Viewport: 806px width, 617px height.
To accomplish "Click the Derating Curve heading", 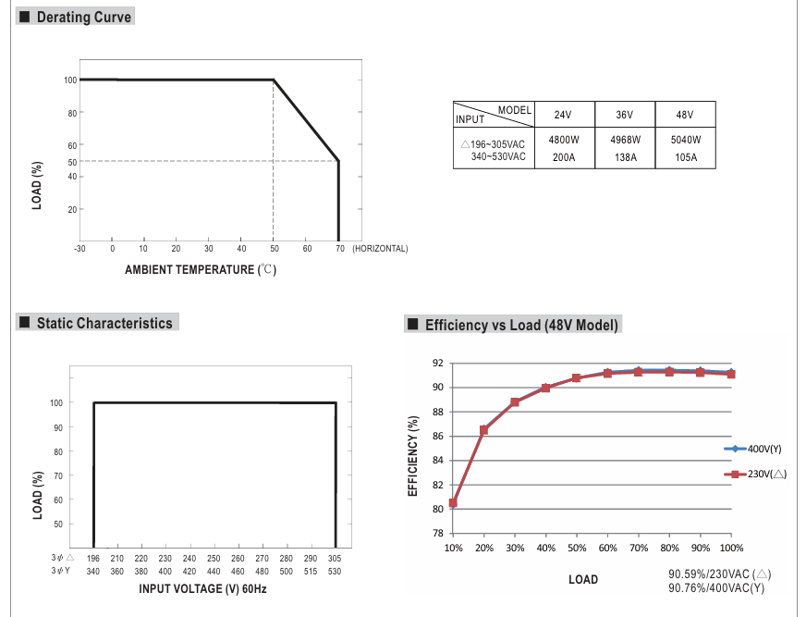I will pos(83,17).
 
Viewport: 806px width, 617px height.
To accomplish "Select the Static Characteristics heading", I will pos(104,323).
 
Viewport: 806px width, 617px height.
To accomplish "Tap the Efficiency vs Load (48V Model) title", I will pos(521,325).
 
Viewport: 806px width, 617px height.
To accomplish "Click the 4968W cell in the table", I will pos(625,140).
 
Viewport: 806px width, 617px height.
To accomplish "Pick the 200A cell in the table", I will pos(564,157).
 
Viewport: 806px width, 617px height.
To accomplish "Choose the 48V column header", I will pos(684,115).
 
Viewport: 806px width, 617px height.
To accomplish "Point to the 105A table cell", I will pos(684,157).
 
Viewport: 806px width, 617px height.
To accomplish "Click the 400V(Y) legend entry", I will pos(763,449).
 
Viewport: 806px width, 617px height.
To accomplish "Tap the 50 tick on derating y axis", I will pos(72,162).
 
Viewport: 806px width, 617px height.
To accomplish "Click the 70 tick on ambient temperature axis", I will pos(339,248).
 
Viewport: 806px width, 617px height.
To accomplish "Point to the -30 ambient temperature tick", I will pos(79,248).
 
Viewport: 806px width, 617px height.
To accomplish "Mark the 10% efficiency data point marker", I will pos(453,503).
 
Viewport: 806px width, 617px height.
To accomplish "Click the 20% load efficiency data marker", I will pos(483,430).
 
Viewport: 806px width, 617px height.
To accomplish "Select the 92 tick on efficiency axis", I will pos(438,363).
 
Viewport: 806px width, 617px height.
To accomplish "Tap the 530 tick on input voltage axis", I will pos(334,572).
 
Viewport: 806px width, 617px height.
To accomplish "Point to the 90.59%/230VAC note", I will pos(719,574).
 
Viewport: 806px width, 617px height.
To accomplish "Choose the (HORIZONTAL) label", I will pos(380,248).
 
